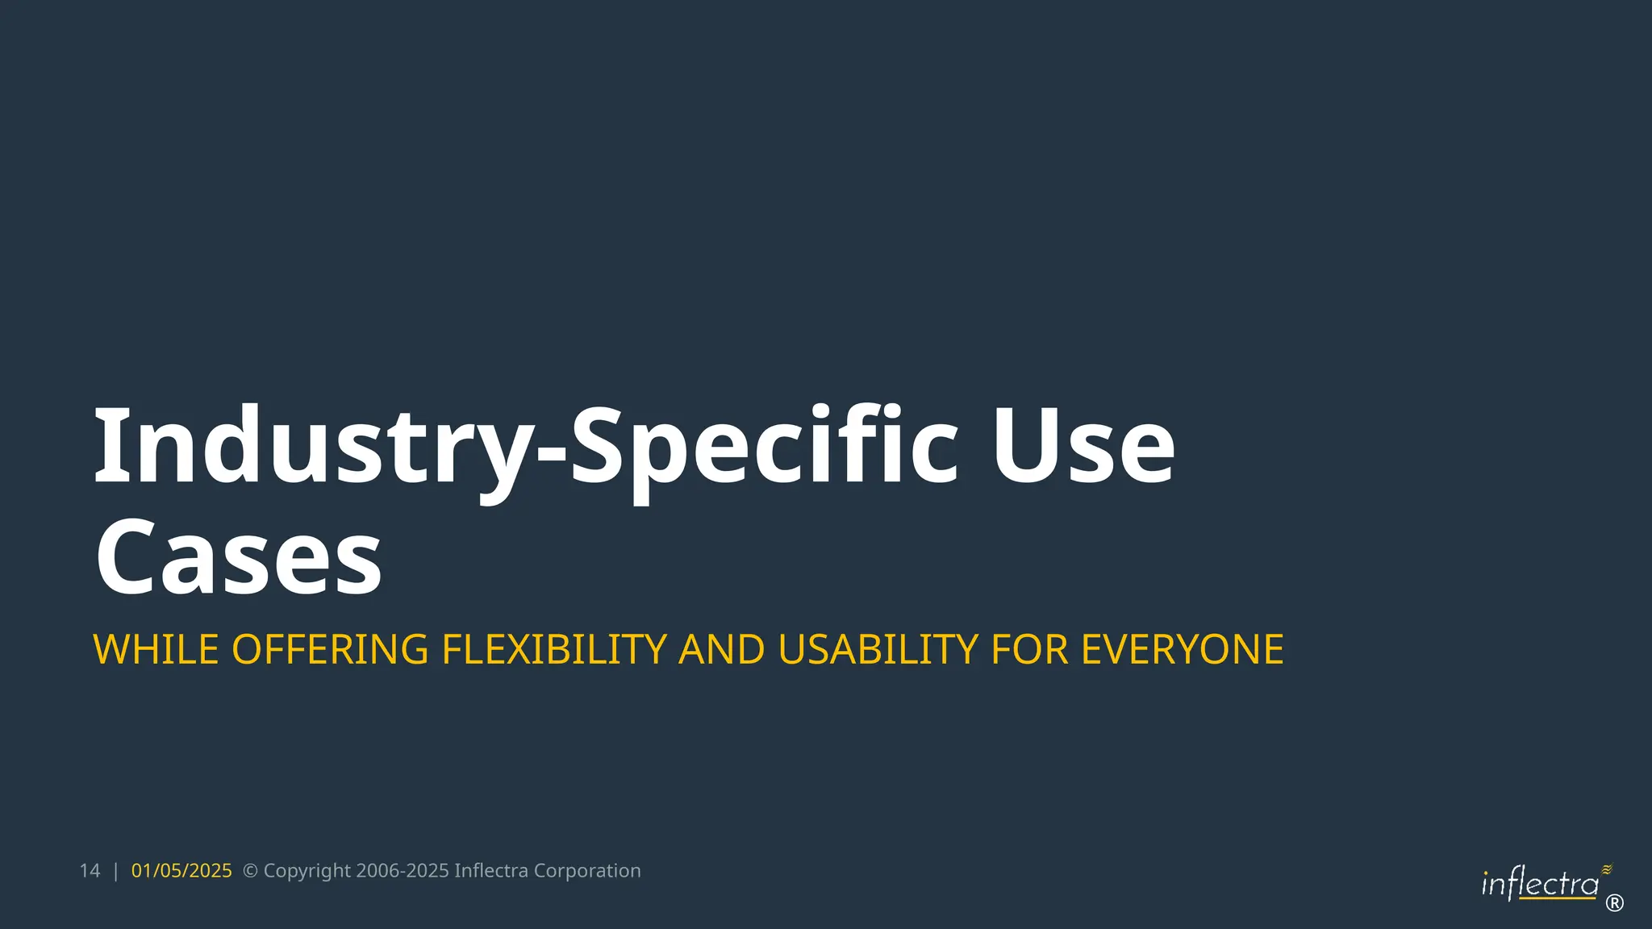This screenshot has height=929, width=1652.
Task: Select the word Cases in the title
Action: [x=239, y=557]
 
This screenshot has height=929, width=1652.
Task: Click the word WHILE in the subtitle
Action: [x=156, y=649]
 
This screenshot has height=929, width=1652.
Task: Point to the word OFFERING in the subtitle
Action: [x=330, y=649]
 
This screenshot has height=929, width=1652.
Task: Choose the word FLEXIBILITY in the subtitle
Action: [x=554, y=649]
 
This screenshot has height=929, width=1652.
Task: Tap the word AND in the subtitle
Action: [x=721, y=649]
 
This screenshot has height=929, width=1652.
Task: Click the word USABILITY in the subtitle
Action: [x=878, y=649]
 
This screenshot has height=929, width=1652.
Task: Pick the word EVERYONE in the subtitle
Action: [x=1182, y=649]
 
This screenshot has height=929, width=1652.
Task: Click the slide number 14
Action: [x=90, y=871]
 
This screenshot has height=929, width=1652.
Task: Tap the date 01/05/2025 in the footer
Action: [x=181, y=871]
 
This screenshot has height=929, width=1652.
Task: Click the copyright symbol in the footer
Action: [x=250, y=871]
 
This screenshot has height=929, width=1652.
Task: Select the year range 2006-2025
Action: [x=402, y=871]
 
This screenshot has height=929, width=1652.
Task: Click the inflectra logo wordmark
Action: [x=1540, y=885]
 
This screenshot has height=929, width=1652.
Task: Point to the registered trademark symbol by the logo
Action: [x=1614, y=903]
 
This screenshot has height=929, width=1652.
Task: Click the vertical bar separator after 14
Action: [x=116, y=871]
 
